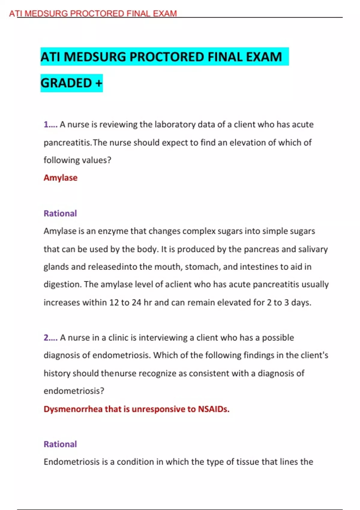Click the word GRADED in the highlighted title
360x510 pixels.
point(66,83)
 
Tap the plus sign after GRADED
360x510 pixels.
point(99,83)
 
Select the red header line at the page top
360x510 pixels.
point(93,13)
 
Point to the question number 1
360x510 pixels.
point(46,124)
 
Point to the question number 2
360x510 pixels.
point(46,338)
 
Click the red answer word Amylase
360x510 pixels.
point(61,178)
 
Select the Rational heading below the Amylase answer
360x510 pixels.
point(60,213)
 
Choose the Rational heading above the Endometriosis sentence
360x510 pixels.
point(60,444)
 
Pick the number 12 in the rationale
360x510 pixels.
point(114,302)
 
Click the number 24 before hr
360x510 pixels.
point(136,302)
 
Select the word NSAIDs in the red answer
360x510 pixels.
point(213,409)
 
